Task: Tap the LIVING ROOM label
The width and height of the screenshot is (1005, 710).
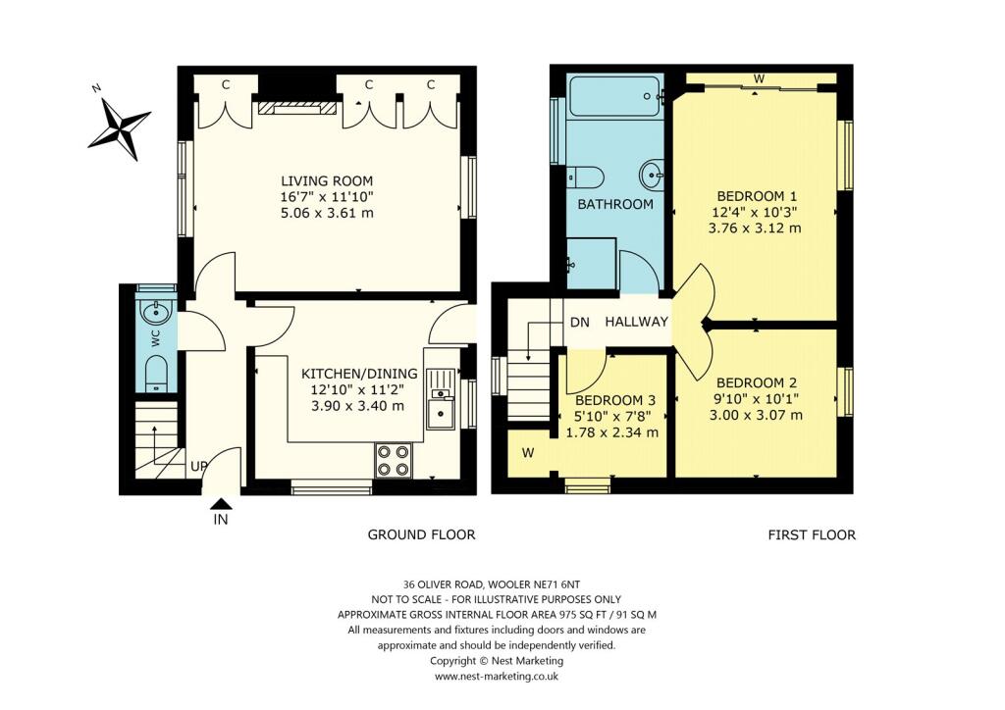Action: (327, 181)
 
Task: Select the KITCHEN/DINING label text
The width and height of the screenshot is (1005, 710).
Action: (359, 374)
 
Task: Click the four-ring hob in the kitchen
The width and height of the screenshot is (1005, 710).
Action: (393, 461)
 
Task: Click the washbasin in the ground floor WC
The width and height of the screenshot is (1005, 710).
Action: (155, 314)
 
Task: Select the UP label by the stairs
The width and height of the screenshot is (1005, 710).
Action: (197, 467)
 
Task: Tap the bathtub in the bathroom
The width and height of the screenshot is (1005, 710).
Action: (615, 98)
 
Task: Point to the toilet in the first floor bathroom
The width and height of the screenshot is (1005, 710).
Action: (585, 177)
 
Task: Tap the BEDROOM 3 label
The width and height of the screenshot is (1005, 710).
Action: (614, 400)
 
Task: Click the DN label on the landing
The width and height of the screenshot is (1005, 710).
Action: (579, 322)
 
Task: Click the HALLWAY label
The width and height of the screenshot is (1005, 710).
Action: (636, 322)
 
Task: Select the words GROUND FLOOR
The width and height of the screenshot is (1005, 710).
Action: (421, 534)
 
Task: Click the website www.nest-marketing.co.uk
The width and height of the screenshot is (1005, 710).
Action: (496, 677)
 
